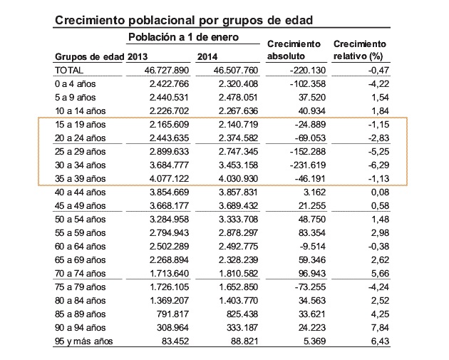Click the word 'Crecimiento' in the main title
point(90,21)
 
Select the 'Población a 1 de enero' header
point(183,37)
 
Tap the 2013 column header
point(137,57)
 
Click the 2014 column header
point(207,57)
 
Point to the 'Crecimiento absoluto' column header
point(294,50)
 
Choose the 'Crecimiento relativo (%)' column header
point(360,50)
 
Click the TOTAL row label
point(69,70)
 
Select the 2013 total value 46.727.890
point(167,70)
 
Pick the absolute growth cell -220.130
point(308,70)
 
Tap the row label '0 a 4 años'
point(75,84)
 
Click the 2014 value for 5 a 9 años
point(238,98)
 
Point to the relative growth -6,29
point(378,165)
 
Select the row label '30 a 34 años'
point(80,165)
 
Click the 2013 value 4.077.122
point(169,179)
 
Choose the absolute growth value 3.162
point(315,192)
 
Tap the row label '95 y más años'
point(83,341)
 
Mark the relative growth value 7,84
point(381,328)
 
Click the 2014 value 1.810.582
point(239,274)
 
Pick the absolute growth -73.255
point(310,287)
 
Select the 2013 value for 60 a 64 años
point(169,247)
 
